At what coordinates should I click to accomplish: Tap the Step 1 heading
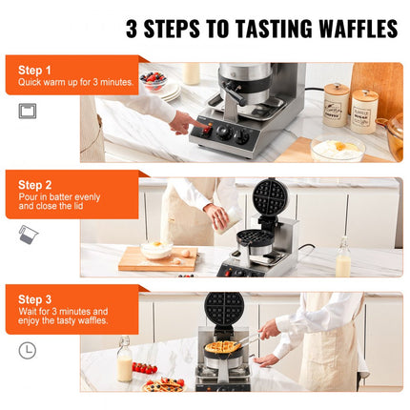[x=35, y=71]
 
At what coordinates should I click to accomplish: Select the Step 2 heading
[x=35, y=184]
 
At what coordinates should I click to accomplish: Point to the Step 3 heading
[x=35, y=299]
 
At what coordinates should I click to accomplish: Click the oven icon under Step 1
[x=27, y=111]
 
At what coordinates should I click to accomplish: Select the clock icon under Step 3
[x=27, y=350]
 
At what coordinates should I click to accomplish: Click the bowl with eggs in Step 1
[x=337, y=149]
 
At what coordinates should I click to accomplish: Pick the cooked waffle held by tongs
[x=225, y=346]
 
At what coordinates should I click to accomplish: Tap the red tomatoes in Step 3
[x=145, y=368]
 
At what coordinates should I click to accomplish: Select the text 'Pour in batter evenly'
[x=57, y=197]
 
